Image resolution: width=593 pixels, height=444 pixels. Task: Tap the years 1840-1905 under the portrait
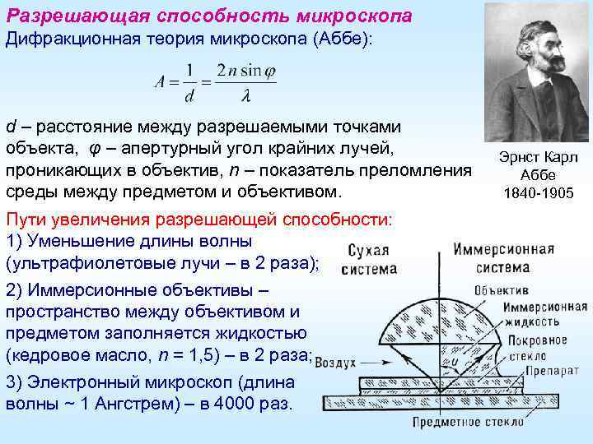[x=538, y=193]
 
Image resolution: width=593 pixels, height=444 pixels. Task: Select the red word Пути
[x=23, y=221]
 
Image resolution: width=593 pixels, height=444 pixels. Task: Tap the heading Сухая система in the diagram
[x=372, y=258]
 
